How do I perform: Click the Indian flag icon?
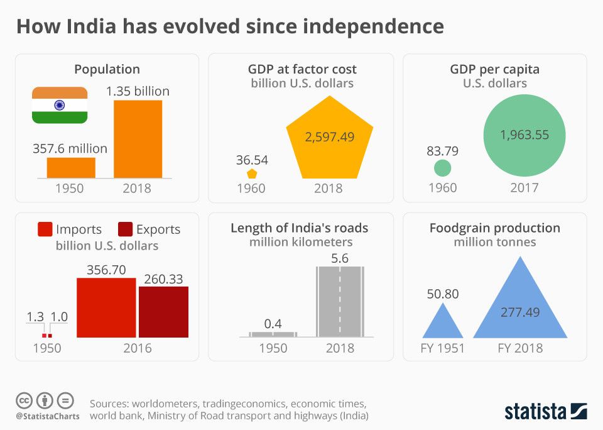(x=60, y=105)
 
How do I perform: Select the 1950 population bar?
(x=71, y=167)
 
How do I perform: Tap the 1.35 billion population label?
(x=138, y=91)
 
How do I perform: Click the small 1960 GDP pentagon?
(x=252, y=174)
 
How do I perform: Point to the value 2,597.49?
(x=330, y=136)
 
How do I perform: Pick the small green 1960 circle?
(x=443, y=168)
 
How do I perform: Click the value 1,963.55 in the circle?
(x=524, y=135)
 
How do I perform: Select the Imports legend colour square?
(x=45, y=229)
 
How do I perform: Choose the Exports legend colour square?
(x=124, y=229)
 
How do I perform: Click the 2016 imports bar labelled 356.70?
(x=106, y=307)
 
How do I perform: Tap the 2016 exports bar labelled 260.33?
(x=163, y=312)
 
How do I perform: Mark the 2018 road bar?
(x=340, y=302)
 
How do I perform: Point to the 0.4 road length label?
(x=273, y=324)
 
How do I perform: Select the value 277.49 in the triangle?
(x=520, y=312)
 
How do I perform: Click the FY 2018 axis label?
(x=520, y=348)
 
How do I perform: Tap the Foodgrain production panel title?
(x=494, y=228)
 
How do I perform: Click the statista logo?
(x=545, y=412)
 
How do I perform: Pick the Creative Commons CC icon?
(x=24, y=400)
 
